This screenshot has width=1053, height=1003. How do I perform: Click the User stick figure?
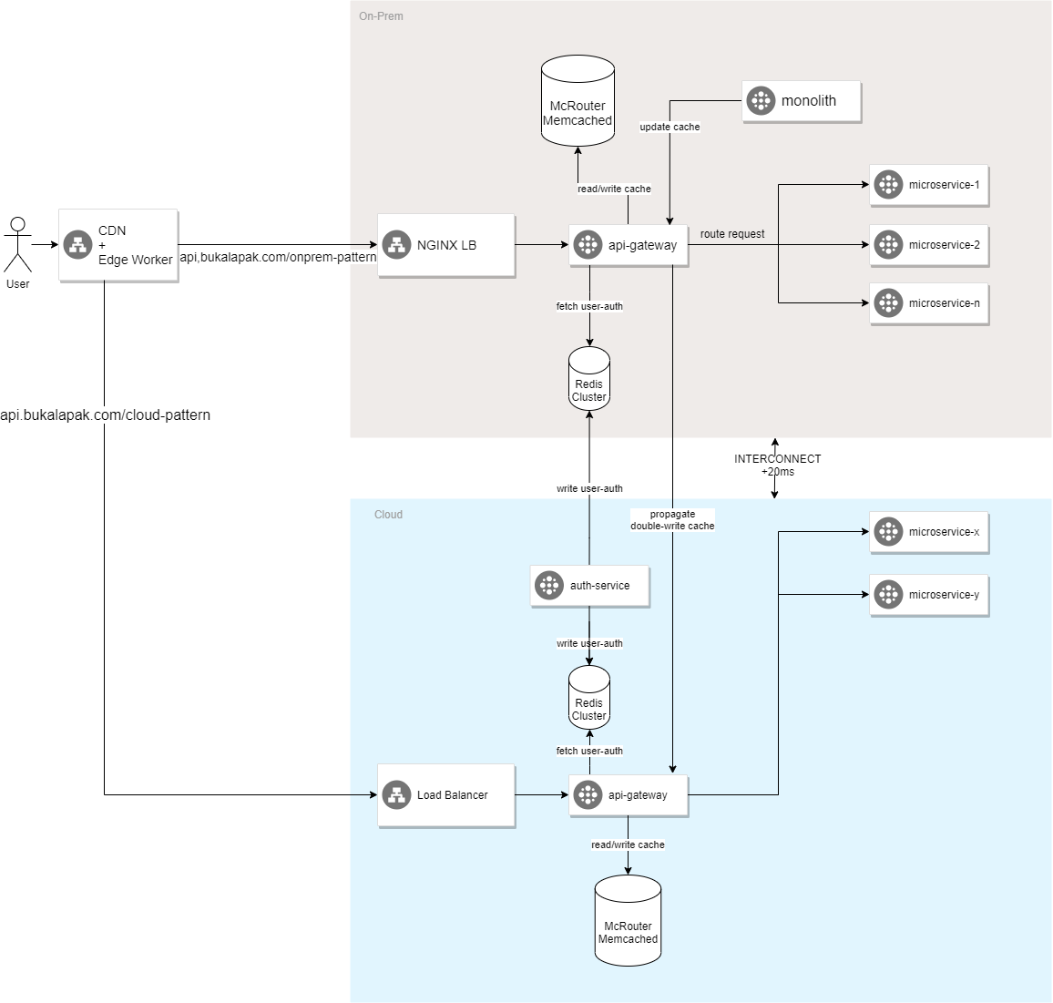pyautogui.click(x=17, y=244)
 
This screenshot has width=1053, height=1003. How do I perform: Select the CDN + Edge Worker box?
pyautogui.click(x=118, y=245)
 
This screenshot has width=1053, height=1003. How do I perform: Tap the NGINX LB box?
pyautogui.click(x=446, y=245)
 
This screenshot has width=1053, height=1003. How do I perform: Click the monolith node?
pyautogui.click(x=802, y=101)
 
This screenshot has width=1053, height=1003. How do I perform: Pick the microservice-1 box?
pyautogui.click(x=929, y=185)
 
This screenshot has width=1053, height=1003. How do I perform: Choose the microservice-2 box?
pyautogui.click(x=929, y=245)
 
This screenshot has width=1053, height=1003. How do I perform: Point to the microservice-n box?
pyautogui.click(x=929, y=303)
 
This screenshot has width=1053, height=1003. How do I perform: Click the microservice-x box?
pyautogui.click(x=929, y=532)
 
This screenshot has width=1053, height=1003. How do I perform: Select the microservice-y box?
pyautogui.click(x=929, y=595)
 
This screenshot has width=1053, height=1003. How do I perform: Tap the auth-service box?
pyautogui.click(x=589, y=586)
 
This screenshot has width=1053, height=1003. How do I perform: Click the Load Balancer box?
pyautogui.click(x=446, y=795)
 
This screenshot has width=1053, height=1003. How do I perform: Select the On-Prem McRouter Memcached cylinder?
pyautogui.click(x=578, y=102)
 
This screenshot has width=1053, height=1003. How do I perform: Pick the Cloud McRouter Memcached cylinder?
pyautogui.click(x=628, y=922)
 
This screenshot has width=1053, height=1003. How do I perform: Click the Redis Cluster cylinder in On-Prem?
pyautogui.click(x=589, y=380)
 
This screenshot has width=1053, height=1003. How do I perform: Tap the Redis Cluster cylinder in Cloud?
pyautogui.click(x=589, y=699)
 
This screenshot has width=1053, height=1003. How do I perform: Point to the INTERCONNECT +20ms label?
pyautogui.click(x=777, y=466)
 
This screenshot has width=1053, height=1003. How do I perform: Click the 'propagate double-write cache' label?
pyautogui.click(x=672, y=520)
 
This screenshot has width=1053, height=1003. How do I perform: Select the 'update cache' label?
pyautogui.click(x=670, y=127)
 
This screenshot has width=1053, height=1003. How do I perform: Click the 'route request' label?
pyautogui.click(x=732, y=234)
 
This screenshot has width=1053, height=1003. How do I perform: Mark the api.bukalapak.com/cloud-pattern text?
pyautogui.click(x=106, y=415)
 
